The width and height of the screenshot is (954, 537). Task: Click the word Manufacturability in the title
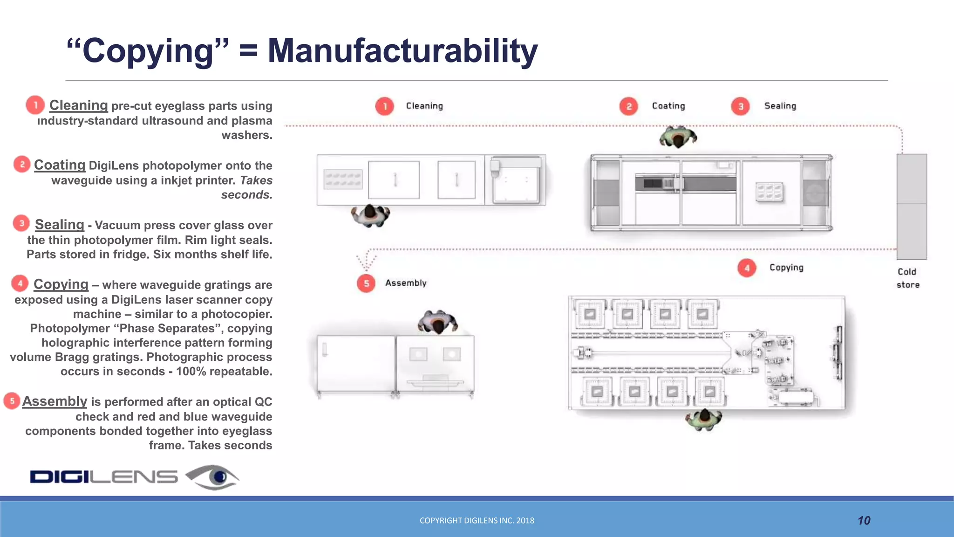point(402,51)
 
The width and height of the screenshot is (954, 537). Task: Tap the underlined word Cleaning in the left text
point(78,105)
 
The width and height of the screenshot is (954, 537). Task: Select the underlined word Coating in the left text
point(60,165)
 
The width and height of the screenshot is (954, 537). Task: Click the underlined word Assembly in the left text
point(55,401)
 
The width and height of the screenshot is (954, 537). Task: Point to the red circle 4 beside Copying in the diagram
point(747,268)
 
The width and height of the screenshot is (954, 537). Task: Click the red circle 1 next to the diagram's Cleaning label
point(385,106)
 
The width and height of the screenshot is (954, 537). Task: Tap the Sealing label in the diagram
point(780,106)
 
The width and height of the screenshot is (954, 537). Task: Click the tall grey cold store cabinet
point(912,207)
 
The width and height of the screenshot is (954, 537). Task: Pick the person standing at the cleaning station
point(370,215)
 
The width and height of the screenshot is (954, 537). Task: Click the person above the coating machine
point(678,137)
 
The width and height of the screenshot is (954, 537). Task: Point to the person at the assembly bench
point(438,322)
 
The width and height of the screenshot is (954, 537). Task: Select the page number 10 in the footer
point(864,521)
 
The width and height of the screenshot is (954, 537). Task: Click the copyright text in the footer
point(477,521)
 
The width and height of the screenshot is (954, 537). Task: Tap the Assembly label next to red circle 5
point(405,283)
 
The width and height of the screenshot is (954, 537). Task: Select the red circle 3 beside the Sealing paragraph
point(21,224)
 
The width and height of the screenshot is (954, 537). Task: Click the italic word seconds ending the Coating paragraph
point(246,195)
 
